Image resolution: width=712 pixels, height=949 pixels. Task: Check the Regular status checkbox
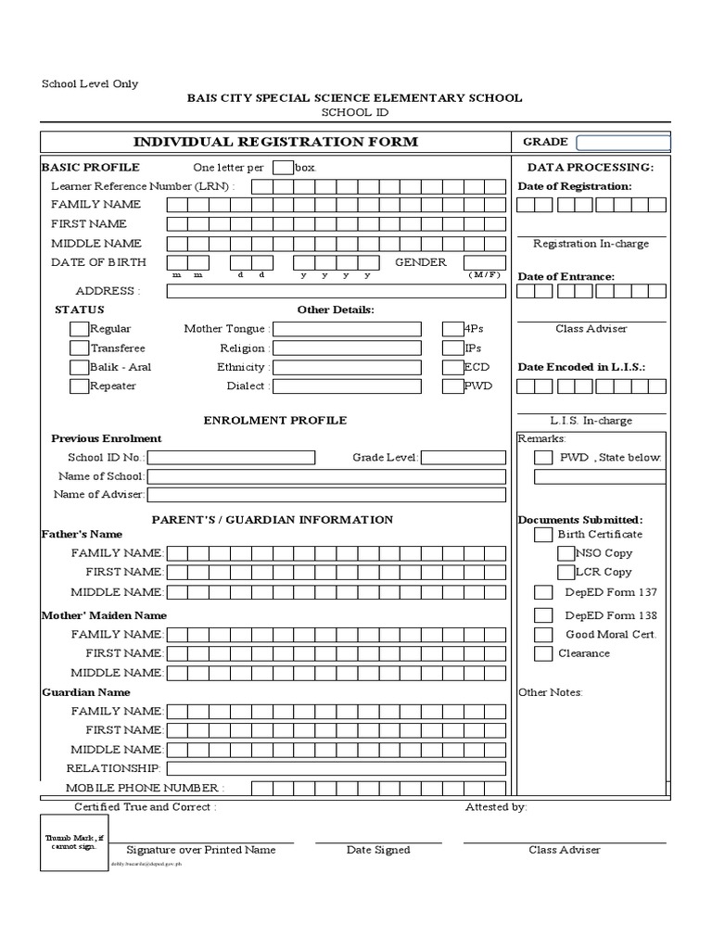[x=79, y=329]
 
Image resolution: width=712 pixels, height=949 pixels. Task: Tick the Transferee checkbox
[x=79, y=348]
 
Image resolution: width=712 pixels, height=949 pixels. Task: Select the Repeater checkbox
[x=79, y=386]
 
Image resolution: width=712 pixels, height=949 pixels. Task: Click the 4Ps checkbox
[x=452, y=329]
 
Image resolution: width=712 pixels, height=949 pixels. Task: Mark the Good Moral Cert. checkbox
[x=543, y=635]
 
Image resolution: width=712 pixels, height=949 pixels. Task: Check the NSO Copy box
[x=566, y=553]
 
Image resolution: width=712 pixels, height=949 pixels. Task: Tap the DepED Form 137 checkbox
[x=543, y=592]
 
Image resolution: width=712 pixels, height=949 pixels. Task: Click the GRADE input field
[x=622, y=143]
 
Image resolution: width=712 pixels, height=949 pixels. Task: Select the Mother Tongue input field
[x=347, y=329]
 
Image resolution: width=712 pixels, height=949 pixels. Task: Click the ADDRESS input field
[x=337, y=291]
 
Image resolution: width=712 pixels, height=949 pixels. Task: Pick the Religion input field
[x=347, y=348]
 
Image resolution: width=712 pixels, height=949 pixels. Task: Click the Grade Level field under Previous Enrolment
[x=464, y=458]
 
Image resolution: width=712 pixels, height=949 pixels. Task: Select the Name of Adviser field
[x=326, y=495]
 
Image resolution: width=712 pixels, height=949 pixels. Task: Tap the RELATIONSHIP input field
[x=337, y=768]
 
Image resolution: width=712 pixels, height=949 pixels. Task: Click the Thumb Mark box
[x=74, y=842]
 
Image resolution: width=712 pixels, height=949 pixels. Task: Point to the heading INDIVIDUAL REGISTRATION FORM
[x=275, y=142]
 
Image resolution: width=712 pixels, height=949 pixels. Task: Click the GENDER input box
[x=484, y=263]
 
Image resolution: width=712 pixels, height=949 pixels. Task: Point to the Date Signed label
[x=378, y=850]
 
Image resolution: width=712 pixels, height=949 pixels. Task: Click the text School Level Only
[x=90, y=83]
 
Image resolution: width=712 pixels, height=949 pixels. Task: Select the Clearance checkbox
[x=543, y=654]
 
